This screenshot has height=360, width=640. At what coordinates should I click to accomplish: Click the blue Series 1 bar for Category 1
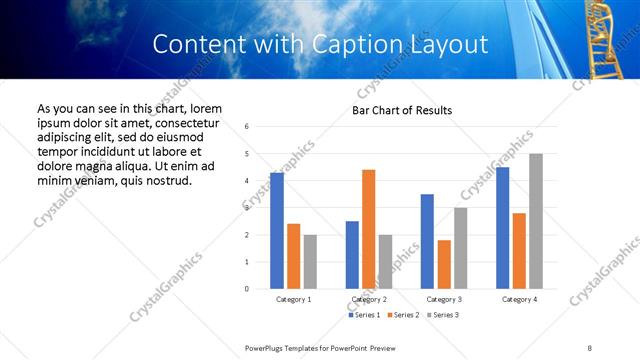click(277, 231)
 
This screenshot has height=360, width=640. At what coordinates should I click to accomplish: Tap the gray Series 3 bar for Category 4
click(536, 221)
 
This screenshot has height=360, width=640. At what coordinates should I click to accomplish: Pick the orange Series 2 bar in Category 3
click(444, 264)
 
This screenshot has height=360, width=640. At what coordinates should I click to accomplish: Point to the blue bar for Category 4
click(502, 228)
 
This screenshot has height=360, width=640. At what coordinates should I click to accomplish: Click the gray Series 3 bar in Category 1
click(310, 262)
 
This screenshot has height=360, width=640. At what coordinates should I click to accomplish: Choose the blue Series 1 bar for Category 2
click(352, 255)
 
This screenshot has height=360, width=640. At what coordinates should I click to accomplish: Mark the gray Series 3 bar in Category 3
click(460, 248)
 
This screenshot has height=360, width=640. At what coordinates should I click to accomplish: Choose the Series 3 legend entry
click(445, 315)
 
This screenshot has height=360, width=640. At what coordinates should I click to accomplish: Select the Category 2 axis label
click(368, 299)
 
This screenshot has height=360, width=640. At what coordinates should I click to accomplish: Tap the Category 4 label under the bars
click(519, 299)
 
